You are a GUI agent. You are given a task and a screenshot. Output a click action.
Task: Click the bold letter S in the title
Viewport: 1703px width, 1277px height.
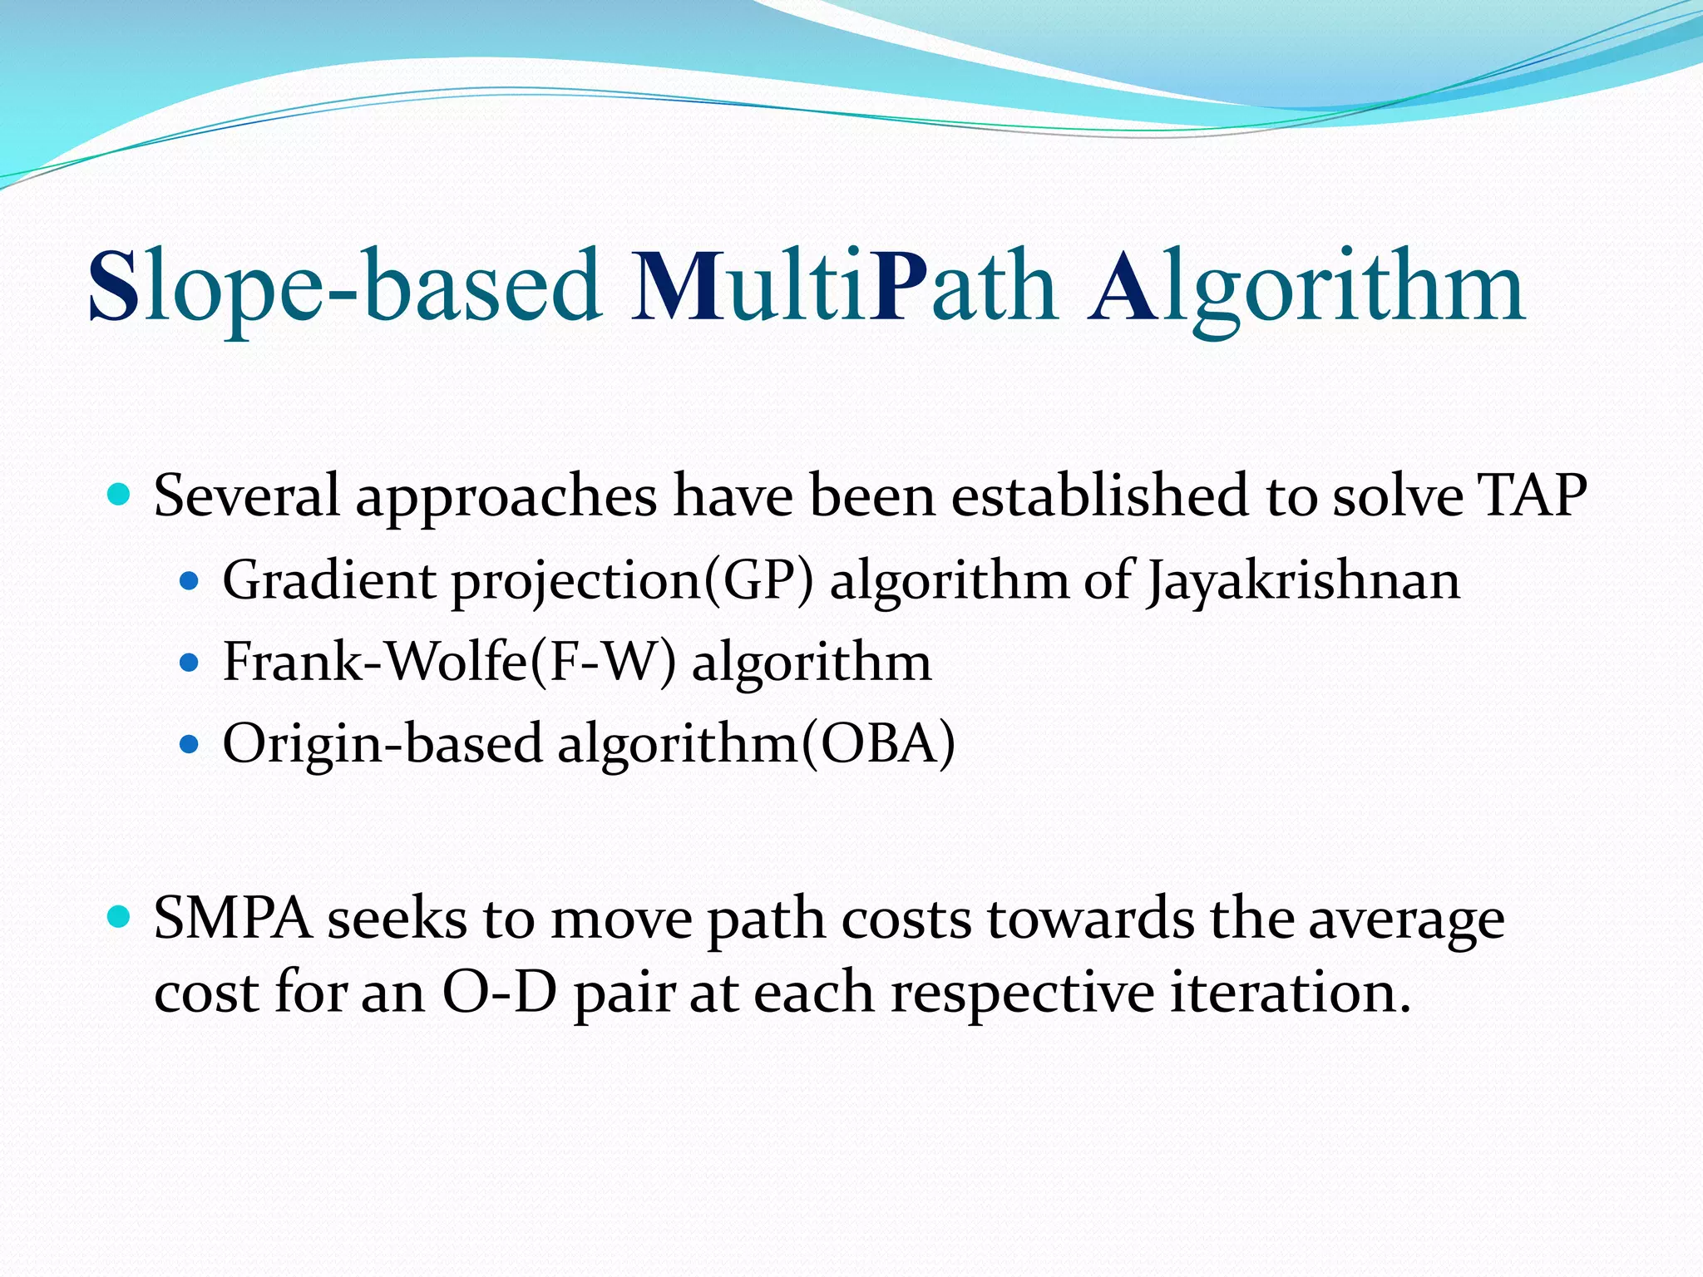(x=115, y=285)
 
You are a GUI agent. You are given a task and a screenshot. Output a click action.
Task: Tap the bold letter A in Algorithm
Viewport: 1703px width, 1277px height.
(x=1124, y=285)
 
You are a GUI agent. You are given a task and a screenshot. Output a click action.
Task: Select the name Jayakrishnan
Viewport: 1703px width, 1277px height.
(x=1302, y=581)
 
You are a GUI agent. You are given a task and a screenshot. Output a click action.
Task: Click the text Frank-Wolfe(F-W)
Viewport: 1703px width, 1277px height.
(x=449, y=663)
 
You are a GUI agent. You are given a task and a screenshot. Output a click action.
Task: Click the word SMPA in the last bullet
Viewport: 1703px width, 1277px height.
(x=233, y=920)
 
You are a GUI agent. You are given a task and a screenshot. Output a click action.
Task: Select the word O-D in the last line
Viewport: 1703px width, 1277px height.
(x=499, y=993)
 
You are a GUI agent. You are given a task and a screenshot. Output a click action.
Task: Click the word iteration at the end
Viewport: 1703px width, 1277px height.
(x=1289, y=993)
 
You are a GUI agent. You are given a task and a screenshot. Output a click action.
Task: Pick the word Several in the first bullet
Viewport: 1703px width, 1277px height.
(x=247, y=496)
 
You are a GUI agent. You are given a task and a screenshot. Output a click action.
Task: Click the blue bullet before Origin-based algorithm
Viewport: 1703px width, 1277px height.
(x=190, y=743)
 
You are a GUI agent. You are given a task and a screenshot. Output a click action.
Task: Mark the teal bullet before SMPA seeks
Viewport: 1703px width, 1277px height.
(x=121, y=919)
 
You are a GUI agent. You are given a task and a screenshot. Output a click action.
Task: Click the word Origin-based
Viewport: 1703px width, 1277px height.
(x=382, y=743)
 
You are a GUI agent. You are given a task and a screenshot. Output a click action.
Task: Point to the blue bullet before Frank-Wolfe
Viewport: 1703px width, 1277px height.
(x=190, y=663)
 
